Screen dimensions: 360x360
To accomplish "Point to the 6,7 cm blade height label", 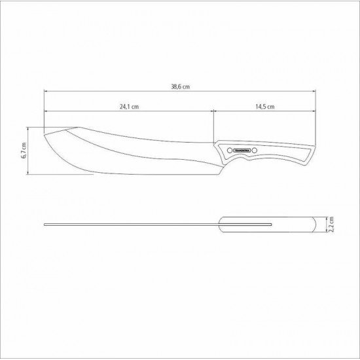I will point(24,151).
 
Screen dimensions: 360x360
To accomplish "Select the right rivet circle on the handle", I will point(255,151).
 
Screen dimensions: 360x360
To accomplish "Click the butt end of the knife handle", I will point(325,149).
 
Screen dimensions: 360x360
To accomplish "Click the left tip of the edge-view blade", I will point(45,225).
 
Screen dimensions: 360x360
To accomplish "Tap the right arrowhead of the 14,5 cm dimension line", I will point(325,113).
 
